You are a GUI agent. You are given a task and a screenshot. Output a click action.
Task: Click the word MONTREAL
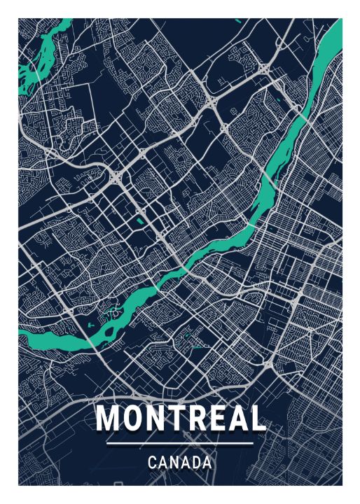click(180, 418)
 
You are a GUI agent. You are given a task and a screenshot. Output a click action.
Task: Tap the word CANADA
click(180, 463)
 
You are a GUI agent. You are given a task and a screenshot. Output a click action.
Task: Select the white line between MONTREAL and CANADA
click(180, 443)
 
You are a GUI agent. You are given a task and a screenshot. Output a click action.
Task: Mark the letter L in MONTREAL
click(258, 418)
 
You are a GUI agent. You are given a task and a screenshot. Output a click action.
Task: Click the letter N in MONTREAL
click(155, 418)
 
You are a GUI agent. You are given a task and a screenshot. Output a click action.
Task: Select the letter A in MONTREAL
click(237, 418)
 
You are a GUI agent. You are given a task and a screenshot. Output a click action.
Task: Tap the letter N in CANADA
click(174, 463)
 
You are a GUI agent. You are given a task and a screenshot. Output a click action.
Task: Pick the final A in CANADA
click(207, 463)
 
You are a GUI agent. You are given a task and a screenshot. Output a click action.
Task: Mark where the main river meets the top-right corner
click(335, 31)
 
